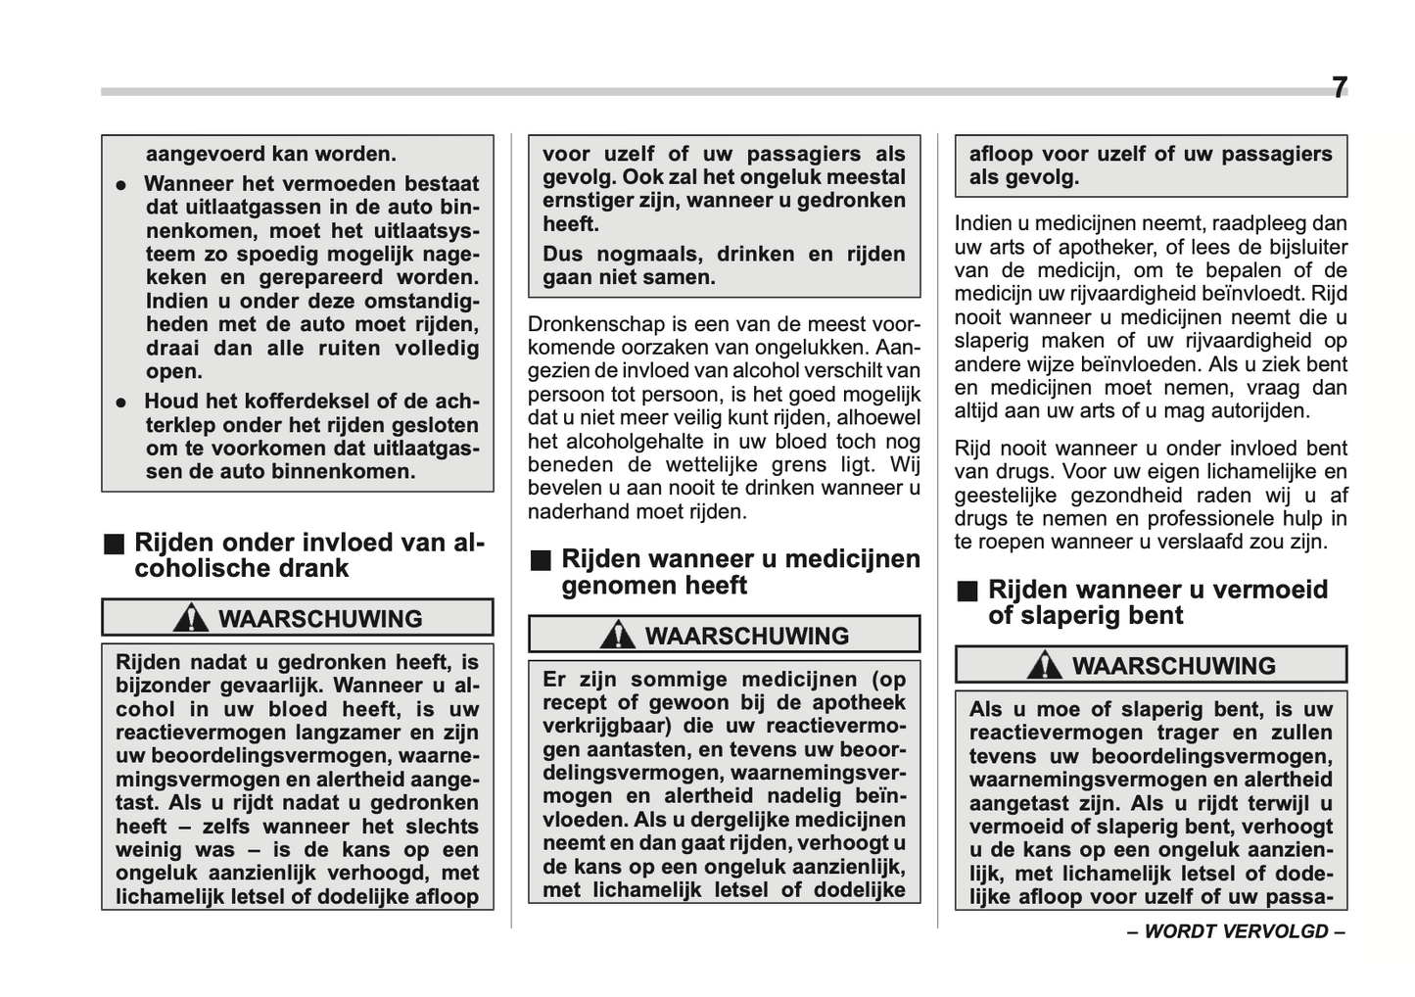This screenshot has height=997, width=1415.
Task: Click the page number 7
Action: pyautogui.click(x=1339, y=88)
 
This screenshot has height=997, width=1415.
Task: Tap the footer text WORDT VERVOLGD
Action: pyautogui.click(x=1236, y=931)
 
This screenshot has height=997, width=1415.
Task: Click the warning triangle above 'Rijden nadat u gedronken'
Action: pyautogui.click(x=190, y=618)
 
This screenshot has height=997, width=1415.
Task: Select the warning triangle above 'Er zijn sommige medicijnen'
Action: pyautogui.click(x=617, y=635)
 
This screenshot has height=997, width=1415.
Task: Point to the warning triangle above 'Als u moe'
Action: pyautogui.click(x=1044, y=665)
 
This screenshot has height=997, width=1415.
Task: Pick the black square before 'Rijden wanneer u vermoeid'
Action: pyautogui.click(x=968, y=592)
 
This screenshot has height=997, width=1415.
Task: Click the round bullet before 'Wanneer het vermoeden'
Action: pyautogui.click(x=121, y=184)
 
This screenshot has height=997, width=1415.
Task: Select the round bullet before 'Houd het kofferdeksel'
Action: pyautogui.click(x=121, y=402)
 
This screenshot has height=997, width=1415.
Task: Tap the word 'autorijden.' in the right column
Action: pyautogui.click(x=1254, y=411)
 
